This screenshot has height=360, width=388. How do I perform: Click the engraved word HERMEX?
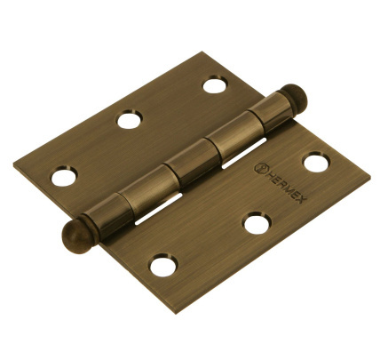point(283,187)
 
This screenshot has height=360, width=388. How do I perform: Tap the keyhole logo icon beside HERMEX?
point(260,168)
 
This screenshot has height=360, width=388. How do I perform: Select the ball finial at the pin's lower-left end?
point(78,236)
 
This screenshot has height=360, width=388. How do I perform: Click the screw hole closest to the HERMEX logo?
point(316,163)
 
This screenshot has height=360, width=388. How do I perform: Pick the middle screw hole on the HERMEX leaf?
point(257,223)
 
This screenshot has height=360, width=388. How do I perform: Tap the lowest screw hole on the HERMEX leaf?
point(163,266)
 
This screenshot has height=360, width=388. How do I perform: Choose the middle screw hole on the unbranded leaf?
point(130,120)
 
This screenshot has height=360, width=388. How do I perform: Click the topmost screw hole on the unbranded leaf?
point(215,84)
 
